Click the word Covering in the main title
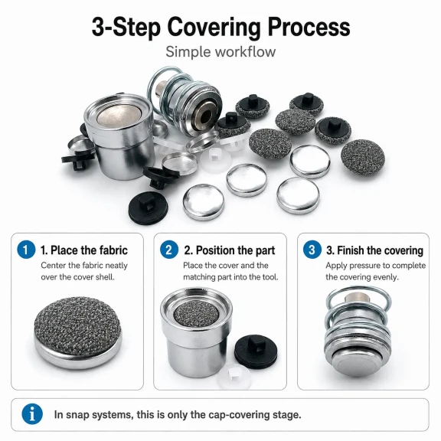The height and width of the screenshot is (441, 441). click(214, 28)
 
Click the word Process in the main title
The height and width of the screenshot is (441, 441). click(309, 27)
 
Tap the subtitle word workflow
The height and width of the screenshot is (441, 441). click(245, 52)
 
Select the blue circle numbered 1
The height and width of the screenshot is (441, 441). click(26, 250)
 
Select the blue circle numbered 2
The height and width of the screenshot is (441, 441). click(169, 250)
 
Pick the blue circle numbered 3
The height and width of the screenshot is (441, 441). click(312, 250)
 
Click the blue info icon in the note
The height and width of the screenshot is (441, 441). click(32, 414)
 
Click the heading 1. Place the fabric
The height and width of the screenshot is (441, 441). click(84, 250)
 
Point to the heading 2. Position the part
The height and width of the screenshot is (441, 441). click(230, 250)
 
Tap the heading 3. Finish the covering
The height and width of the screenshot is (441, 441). click(374, 250)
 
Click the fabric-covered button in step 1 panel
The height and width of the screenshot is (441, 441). click(78, 332)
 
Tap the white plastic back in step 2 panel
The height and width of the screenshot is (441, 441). click(234, 377)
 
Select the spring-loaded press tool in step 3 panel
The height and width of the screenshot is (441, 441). click(358, 332)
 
